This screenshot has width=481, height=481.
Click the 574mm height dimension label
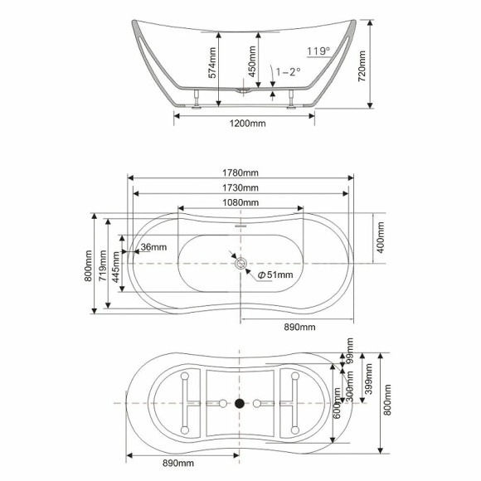212,63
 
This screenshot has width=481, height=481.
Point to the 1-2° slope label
288,72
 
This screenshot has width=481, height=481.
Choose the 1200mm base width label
245,124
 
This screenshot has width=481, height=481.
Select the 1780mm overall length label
240,172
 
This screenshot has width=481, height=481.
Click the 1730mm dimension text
240,188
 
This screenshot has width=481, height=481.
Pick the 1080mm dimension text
240,203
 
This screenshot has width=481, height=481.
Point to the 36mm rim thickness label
153,247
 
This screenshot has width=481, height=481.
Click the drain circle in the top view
240,264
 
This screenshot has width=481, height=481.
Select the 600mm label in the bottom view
337,403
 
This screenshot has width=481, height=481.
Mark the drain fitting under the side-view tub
242,93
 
